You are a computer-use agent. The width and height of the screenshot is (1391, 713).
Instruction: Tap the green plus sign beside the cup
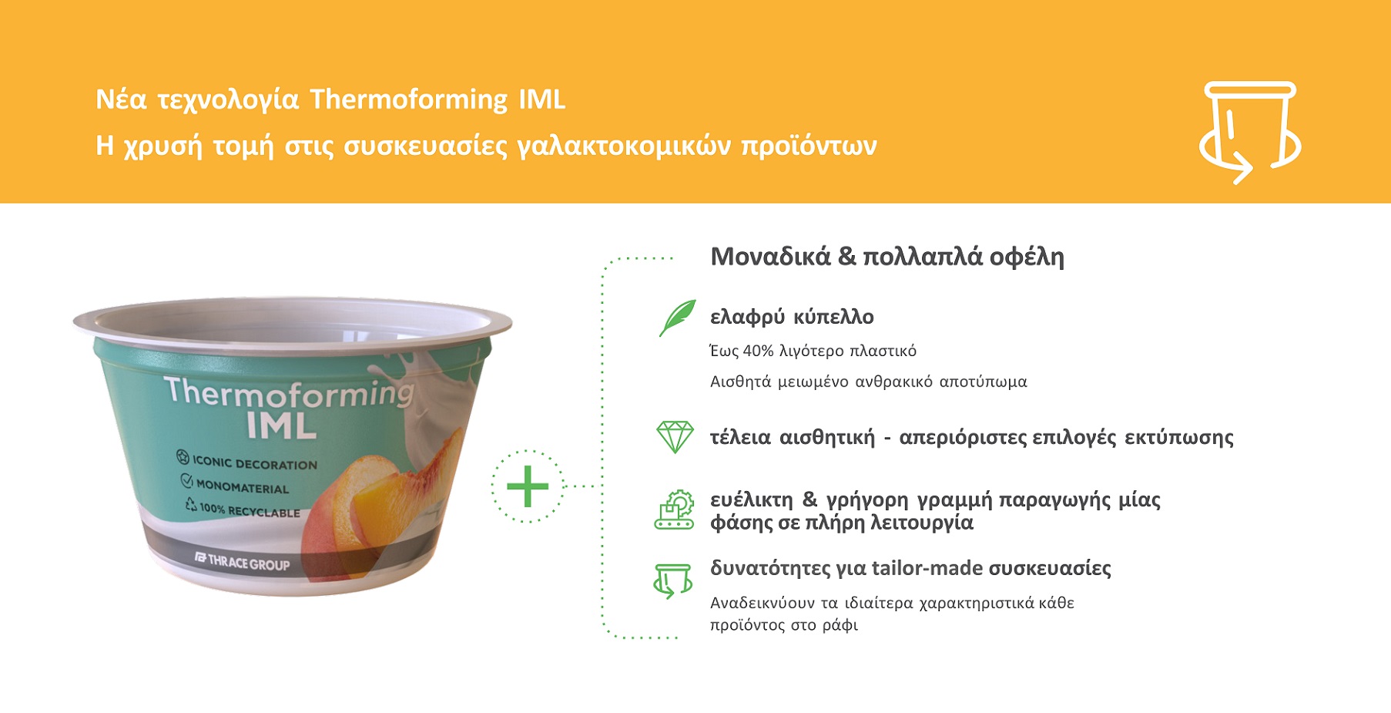(x=528, y=486)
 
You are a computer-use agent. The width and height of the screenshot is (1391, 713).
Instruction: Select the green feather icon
(x=677, y=318)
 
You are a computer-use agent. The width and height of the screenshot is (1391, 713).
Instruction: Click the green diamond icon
(x=675, y=436)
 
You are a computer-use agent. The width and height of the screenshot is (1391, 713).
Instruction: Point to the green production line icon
(x=674, y=510)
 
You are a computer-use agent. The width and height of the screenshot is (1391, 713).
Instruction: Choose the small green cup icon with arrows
(x=673, y=580)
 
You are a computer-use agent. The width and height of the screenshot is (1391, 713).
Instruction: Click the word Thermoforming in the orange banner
(x=409, y=100)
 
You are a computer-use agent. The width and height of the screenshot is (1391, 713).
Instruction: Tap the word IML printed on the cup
(x=281, y=425)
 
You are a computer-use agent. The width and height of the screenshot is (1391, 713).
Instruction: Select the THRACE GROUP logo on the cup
(x=242, y=561)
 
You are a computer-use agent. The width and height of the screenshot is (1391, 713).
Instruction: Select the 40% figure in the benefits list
(x=758, y=351)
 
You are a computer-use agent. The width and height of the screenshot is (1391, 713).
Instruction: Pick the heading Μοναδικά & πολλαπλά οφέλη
(x=887, y=257)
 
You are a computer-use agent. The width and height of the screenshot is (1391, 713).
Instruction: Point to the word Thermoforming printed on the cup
(x=289, y=393)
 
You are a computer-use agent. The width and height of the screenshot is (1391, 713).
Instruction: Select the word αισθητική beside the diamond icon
(x=827, y=438)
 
